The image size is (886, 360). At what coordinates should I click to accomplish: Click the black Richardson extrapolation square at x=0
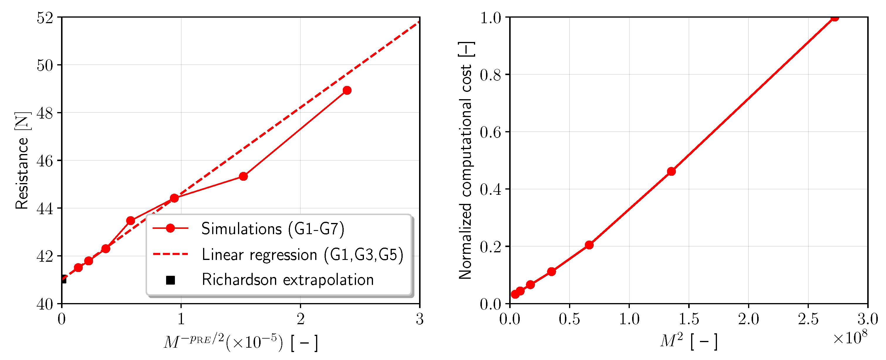tap(63, 280)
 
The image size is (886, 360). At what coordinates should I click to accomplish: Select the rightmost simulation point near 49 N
tap(347, 90)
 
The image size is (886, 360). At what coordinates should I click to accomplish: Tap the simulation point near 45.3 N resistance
tap(243, 176)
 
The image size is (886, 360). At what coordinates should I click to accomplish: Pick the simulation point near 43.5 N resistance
tap(130, 220)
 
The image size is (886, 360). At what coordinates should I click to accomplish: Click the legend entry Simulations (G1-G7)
tap(272, 229)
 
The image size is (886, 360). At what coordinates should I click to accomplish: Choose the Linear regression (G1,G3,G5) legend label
tap(302, 255)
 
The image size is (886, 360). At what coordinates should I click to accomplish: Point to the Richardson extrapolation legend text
tap(288, 280)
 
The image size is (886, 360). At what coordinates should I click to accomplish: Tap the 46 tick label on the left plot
tap(45, 161)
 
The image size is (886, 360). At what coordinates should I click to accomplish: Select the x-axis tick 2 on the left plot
tap(300, 319)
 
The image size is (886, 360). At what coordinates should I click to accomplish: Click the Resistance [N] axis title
tap(22, 160)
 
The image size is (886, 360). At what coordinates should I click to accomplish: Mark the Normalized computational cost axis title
tap(466, 160)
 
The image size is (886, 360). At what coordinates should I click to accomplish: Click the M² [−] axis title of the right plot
tap(688, 342)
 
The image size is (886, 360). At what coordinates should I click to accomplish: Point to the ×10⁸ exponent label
tap(850, 338)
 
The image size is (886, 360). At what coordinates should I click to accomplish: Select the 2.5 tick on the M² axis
tap(808, 319)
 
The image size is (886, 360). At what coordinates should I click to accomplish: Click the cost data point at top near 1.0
tap(834, 18)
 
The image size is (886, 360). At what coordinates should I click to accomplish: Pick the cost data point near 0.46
tap(671, 171)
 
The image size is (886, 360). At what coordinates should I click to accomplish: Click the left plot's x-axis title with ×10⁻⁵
tap(241, 342)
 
